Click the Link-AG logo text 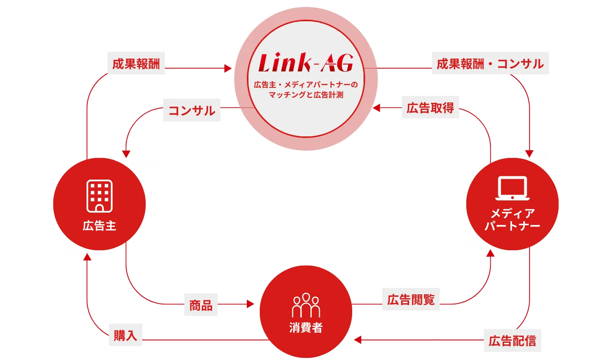(306, 62)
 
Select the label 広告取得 (430, 108)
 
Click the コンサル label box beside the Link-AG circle (192, 110)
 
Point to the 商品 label (201, 305)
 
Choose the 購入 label (125, 335)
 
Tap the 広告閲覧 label (411, 299)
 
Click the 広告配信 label (512, 340)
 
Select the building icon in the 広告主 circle (99, 196)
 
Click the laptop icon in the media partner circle (512, 188)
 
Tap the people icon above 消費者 (306, 305)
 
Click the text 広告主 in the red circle (99, 226)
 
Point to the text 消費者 (306, 328)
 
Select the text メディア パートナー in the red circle (512, 220)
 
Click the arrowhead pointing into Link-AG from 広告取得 (377, 108)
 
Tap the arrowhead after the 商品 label (250, 304)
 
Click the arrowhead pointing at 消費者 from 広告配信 (358, 340)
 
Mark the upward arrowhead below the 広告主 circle (87, 257)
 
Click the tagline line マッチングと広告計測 (306, 95)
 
